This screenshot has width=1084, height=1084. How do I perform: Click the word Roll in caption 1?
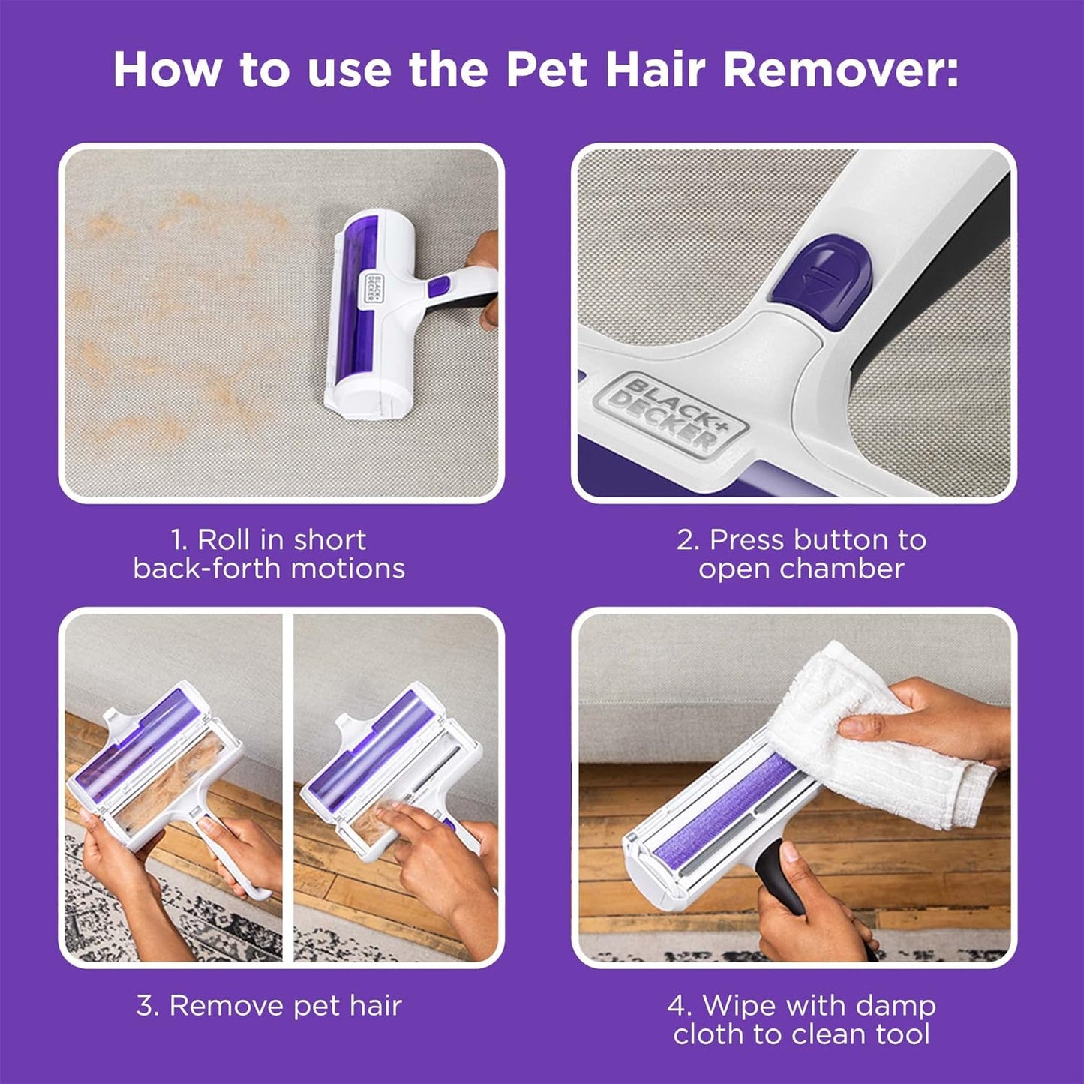point(224,540)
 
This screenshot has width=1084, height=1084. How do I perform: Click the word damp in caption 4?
point(899,1005)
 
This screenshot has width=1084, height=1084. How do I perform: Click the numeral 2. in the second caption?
point(687,540)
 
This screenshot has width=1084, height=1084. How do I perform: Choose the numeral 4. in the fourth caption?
point(680,1005)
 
